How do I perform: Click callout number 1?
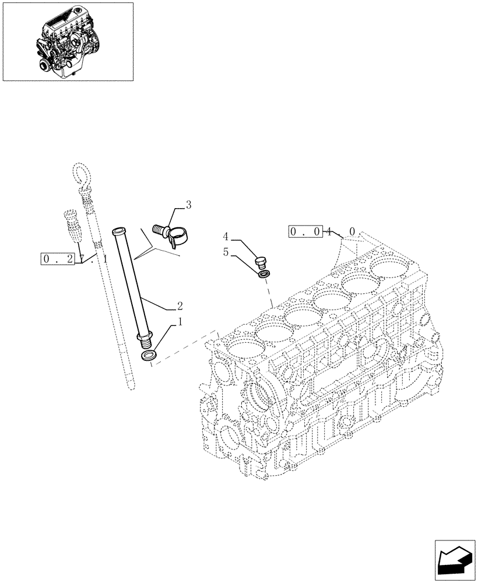pos(181,322)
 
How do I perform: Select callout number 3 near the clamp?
pos(188,205)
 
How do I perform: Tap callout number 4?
pos(226,237)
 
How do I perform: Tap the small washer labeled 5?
pos(264,273)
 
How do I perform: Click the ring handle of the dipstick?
pos(80,174)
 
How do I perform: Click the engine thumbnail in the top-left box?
pos(68,40)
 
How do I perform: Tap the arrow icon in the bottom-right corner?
pos(455,560)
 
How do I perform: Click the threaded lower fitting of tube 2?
pos(145,339)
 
